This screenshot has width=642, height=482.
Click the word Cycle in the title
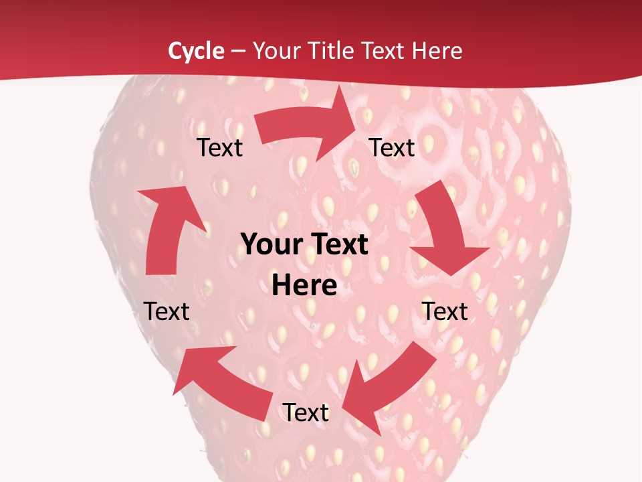(196, 51)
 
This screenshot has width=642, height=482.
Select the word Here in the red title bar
(437, 51)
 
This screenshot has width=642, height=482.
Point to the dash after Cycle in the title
(237, 52)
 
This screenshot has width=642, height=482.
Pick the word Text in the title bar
(386, 51)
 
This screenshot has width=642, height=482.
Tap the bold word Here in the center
(304, 286)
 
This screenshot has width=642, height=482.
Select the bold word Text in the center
(338, 245)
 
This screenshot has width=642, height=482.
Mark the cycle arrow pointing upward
(167, 228)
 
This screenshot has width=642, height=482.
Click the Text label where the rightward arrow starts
(220, 148)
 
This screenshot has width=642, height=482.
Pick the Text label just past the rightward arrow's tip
(392, 148)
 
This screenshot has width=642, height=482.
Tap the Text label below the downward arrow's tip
(445, 311)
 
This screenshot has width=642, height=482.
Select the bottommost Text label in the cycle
(306, 413)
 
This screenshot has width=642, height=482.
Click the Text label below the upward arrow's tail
(167, 311)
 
